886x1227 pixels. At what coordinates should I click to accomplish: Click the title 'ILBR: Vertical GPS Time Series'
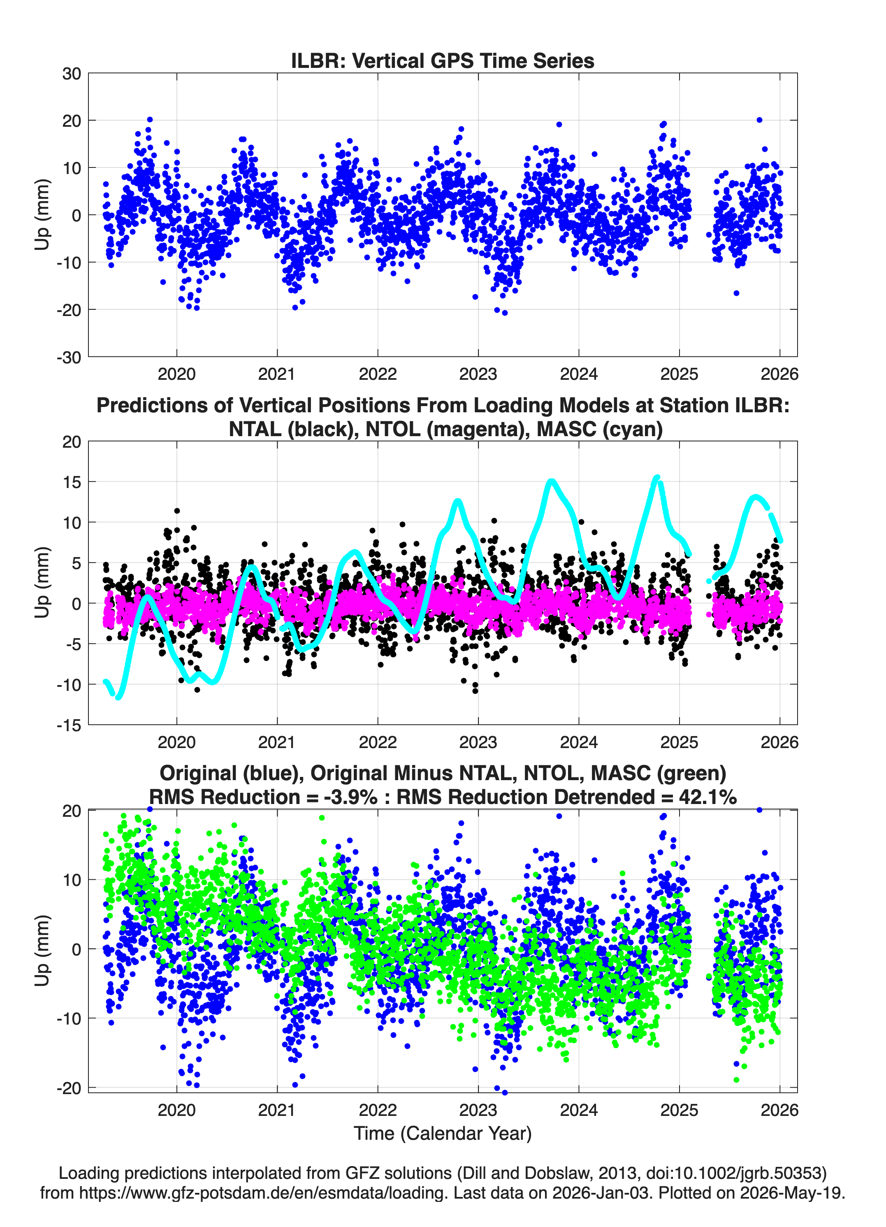tap(443, 60)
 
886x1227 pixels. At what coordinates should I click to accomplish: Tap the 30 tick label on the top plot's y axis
tap(72, 74)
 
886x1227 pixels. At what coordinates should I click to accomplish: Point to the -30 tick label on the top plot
tap(69, 357)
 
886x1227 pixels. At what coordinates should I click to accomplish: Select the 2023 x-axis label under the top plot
tap(478, 374)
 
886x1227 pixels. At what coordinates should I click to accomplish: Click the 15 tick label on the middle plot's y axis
tap(72, 481)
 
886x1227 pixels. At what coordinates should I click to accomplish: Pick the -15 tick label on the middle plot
tap(69, 725)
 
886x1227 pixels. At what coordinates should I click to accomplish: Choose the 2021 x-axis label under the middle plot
tap(277, 742)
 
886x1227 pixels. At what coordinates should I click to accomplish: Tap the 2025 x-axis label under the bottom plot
tap(680, 1110)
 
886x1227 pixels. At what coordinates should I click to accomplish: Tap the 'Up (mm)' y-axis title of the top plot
tap(42, 215)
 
